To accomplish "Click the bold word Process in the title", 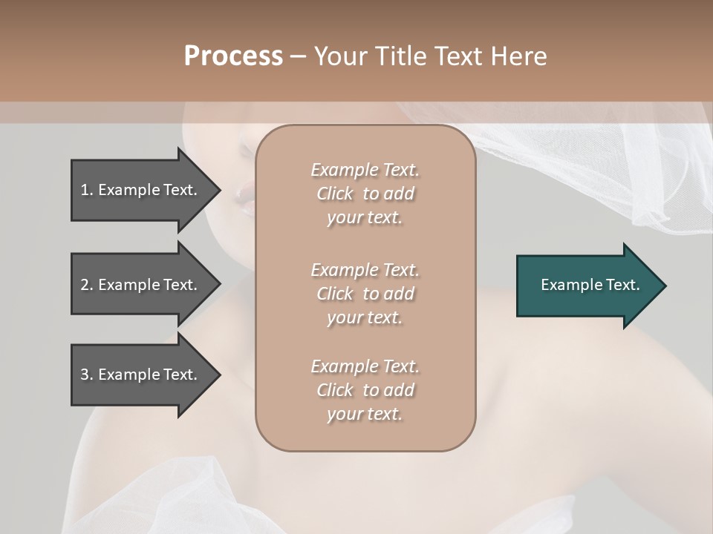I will click(x=233, y=56).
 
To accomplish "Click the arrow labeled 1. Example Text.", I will click(x=141, y=190).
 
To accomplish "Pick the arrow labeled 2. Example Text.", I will click(x=141, y=285).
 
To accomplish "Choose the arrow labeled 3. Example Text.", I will click(x=141, y=375).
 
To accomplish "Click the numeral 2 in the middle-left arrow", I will click(x=84, y=285).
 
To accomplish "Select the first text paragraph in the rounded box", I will click(x=365, y=194).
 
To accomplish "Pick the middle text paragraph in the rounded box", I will click(x=365, y=294).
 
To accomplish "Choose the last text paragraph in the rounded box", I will click(x=365, y=390).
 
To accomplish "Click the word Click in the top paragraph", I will click(x=334, y=194).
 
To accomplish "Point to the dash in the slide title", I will click(x=298, y=57).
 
